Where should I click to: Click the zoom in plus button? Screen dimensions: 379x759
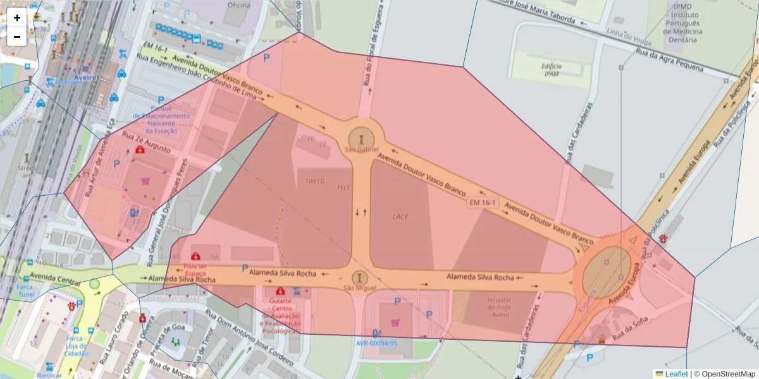(17, 18)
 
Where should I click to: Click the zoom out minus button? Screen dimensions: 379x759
(17, 37)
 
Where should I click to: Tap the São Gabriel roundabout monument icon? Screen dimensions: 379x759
(361, 138)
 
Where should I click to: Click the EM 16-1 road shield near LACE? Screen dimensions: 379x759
(483, 203)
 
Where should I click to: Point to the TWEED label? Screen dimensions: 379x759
(314, 181)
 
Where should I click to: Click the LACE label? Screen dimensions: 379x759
(400, 217)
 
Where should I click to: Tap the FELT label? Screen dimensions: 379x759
(343, 188)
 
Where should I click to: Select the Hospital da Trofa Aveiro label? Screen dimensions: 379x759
(499, 308)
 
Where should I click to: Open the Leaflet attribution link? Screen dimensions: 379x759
(676, 374)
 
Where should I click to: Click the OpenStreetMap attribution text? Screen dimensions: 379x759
(724, 374)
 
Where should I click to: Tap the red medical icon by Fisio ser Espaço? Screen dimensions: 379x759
(196, 256)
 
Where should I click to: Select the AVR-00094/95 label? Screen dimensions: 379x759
(376, 344)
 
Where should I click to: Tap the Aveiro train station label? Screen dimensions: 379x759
(85, 77)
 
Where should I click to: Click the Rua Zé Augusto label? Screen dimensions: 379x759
(146, 145)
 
